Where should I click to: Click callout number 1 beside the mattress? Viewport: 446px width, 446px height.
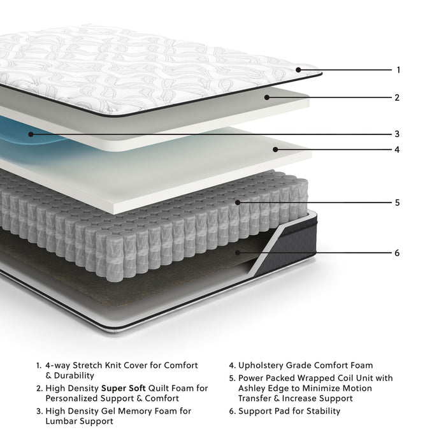click(398, 70)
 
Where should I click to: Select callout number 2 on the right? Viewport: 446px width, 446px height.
click(397, 98)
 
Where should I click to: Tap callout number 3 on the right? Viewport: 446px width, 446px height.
click(397, 134)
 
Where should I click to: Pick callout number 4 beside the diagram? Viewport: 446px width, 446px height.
click(397, 150)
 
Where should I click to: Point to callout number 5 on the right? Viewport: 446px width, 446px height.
click(397, 203)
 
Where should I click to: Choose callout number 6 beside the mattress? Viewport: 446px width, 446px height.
click(397, 253)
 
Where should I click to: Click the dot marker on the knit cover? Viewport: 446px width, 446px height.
click(298, 69)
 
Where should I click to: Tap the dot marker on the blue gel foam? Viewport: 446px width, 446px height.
click(30, 134)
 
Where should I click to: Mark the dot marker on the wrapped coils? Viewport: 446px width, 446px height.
click(237, 203)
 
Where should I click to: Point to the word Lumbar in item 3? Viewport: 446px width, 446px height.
click(59, 421)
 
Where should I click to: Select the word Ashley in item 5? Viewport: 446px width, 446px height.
click(252, 388)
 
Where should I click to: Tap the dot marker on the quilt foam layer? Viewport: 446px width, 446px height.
click(268, 97)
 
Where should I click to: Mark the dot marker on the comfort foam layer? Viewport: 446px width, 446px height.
click(275, 150)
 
